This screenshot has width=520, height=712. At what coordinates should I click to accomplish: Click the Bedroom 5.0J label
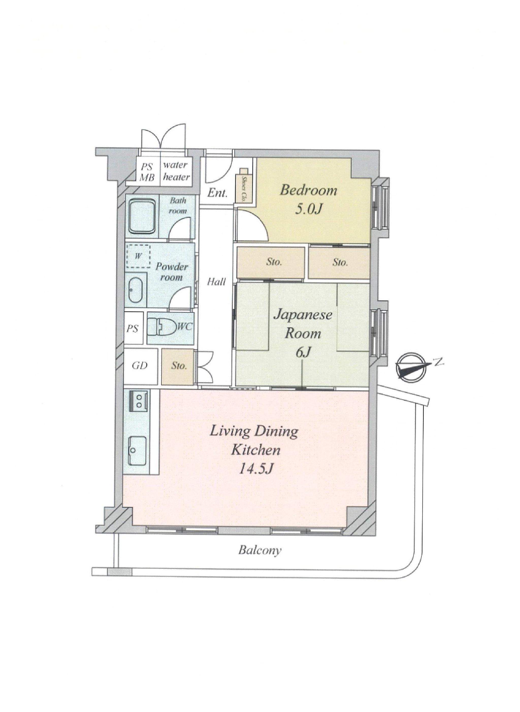point(308,200)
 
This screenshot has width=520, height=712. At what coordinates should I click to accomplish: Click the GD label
point(140,366)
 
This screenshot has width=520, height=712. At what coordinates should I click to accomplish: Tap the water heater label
point(176,171)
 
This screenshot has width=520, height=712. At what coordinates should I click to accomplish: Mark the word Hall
point(216,281)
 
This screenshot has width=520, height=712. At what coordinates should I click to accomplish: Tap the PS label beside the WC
point(133,329)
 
